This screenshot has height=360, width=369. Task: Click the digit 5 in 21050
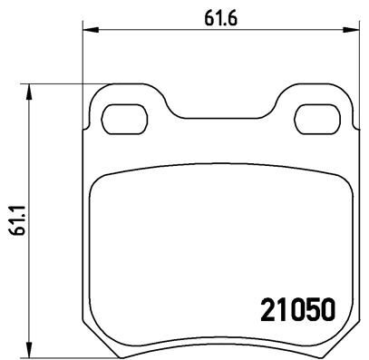click(306, 309)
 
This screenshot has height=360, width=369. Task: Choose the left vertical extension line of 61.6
click(83, 63)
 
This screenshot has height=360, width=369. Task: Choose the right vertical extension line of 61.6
click(354, 63)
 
